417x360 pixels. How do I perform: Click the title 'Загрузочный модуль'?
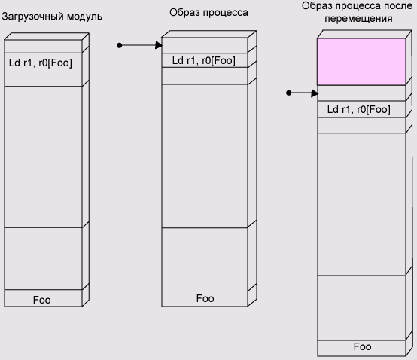tap(52, 17)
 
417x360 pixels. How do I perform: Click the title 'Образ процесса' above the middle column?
tap(208, 13)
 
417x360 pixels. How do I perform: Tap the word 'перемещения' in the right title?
tap(358, 19)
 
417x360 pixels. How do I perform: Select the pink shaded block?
tap(361, 62)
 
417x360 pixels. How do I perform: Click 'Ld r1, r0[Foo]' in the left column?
tap(41, 63)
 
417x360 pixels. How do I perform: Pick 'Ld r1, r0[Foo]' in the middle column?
tap(204, 61)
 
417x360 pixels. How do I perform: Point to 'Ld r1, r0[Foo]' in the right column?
tap(359, 109)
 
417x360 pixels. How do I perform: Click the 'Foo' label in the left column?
tap(41, 300)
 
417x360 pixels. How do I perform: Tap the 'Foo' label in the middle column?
tap(205, 298)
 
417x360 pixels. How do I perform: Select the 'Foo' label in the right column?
tap(363, 346)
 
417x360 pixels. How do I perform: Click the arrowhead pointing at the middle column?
tap(159, 45)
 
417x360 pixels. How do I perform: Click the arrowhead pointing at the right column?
tap(315, 93)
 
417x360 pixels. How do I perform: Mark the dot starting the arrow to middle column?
tap(120, 45)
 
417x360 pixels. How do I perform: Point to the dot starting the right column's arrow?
tap(289, 93)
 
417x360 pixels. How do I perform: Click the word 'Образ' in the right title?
tap(317, 6)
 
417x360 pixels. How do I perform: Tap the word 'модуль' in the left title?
tap(84, 17)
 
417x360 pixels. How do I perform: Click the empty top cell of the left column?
tap(43, 47)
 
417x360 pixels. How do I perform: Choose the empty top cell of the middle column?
tap(205, 45)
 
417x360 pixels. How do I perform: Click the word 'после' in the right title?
tap(398, 5)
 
